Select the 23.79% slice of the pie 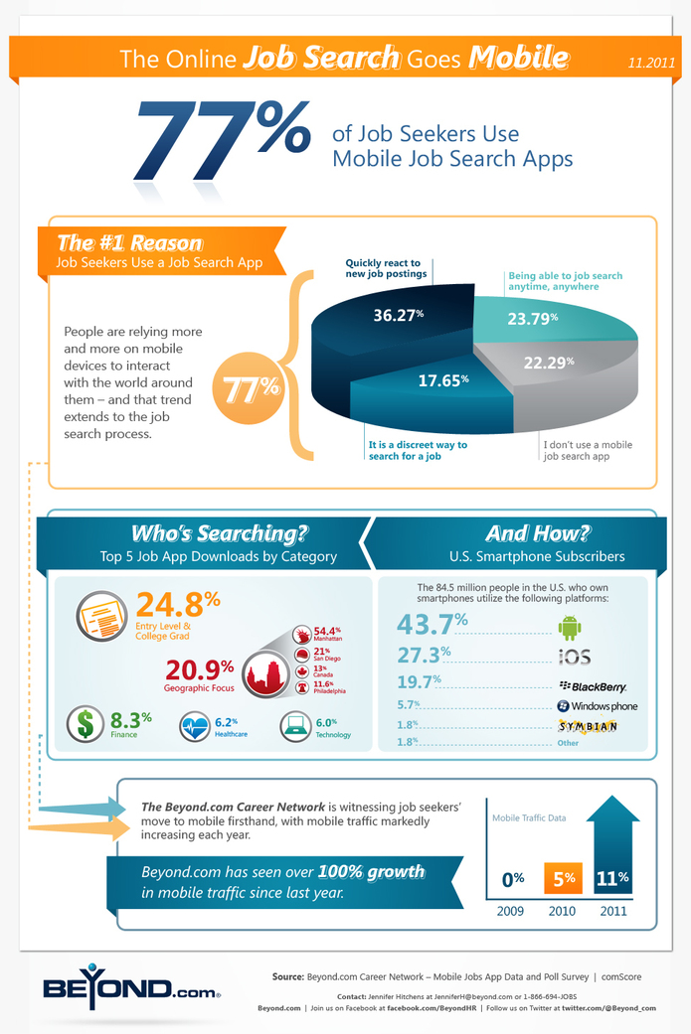(533, 319)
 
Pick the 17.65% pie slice (436, 378)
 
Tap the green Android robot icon (568, 627)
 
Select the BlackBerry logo (593, 684)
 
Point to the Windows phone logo (597, 706)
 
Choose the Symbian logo (590, 726)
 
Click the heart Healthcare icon (196, 728)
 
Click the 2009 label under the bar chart (512, 909)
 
